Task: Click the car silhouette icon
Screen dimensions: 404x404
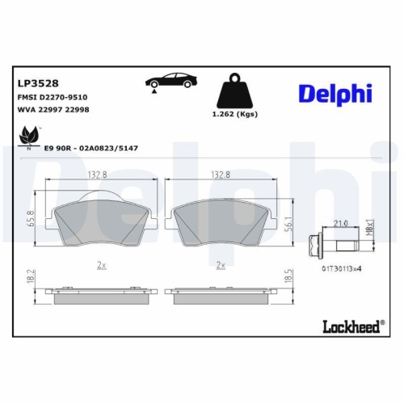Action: click(x=170, y=82)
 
